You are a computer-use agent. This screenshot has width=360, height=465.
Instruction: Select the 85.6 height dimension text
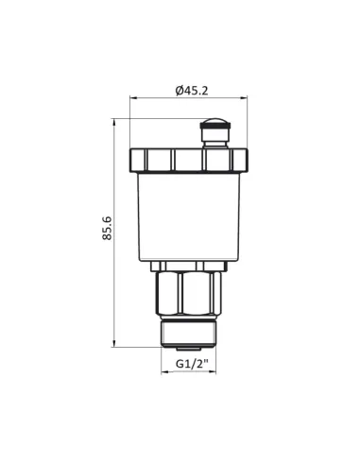tap(106, 230)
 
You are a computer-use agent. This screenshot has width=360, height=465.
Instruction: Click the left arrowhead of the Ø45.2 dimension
tap(133, 98)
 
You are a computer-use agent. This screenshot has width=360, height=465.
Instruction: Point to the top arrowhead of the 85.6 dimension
tap(114, 121)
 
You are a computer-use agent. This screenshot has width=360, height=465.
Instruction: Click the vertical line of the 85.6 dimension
tap(114, 284)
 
